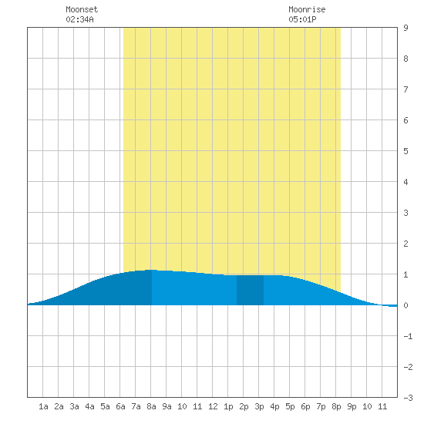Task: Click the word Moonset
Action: (x=82, y=9)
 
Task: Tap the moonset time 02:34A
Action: (x=79, y=19)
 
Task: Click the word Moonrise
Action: (x=307, y=9)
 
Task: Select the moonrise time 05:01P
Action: (x=302, y=19)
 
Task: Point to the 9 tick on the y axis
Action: (x=405, y=28)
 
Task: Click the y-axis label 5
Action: (x=405, y=151)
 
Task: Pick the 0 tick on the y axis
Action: (x=405, y=305)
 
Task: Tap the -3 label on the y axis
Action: (x=408, y=398)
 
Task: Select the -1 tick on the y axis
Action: (x=408, y=336)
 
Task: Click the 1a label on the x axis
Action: (x=43, y=406)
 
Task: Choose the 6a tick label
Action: (x=120, y=406)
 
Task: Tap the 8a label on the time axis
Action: (x=151, y=406)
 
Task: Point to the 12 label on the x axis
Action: (x=213, y=406)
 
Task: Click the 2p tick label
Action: (x=244, y=406)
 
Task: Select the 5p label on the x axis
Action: (x=290, y=406)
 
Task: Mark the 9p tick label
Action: (x=352, y=406)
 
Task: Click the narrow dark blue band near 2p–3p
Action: (x=250, y=290)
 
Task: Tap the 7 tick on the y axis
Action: (x=405, y=89)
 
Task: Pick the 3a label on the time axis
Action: (x=74, y=406)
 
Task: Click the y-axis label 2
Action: (x=405, y=244)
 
